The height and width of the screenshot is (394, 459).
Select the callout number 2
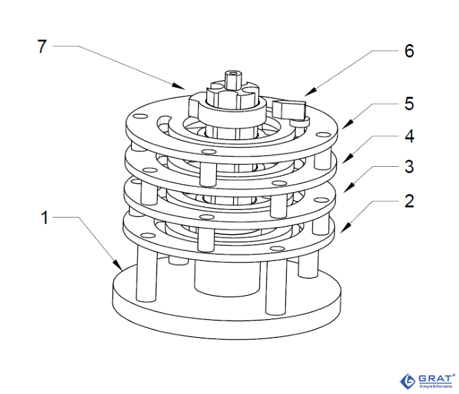408,201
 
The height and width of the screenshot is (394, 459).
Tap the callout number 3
408,167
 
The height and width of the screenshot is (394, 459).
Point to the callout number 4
408,136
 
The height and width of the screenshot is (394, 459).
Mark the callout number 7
43,47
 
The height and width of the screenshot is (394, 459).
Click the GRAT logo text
434,378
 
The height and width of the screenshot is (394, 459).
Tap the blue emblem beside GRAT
405,380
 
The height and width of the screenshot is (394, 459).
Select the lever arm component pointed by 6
290,108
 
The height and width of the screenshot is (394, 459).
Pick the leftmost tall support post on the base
146,275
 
